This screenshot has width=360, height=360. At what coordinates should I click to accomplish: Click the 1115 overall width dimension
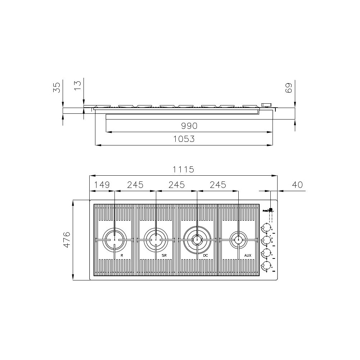coord(183,170)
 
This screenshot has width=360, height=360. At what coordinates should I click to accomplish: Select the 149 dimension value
coord(102,185)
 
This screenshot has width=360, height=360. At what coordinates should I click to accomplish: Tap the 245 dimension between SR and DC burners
coord(176,185)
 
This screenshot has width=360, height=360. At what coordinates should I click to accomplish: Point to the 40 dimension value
coord(297,185)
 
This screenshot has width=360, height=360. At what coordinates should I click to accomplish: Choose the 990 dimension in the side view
coord(189,126)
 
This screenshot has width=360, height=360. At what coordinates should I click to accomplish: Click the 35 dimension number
coord(57,87)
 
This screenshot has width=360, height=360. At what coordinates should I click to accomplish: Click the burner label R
coord(122,255)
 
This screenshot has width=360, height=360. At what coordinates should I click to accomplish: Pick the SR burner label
coord(164,255)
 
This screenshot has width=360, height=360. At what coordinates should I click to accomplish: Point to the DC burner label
coord(205,255)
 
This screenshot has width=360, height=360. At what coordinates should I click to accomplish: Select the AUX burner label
coord(247,255)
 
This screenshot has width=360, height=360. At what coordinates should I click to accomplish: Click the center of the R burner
coord(114,239)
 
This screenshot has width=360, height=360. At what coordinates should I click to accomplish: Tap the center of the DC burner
coord(197,239)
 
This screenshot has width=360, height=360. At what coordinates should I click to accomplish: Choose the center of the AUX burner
coord(238,239)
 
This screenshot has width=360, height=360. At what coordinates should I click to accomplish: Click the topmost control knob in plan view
coord(266,227)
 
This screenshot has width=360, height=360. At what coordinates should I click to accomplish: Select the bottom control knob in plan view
coord(266,266)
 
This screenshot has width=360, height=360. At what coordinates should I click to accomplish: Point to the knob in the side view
coord(266,105)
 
